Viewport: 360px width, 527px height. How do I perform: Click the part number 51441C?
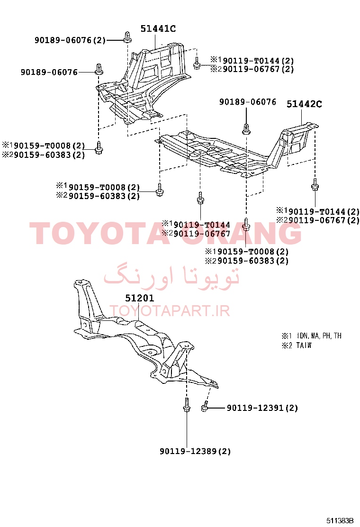coord(158,28)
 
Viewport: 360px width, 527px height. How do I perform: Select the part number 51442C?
coord(304,104)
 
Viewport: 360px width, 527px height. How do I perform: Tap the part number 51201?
coord(139,298)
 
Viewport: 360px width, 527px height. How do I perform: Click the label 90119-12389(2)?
coord(195,451)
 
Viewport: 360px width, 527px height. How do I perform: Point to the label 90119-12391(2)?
coord(262,408)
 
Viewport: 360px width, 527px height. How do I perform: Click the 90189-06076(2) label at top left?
coord(70,40)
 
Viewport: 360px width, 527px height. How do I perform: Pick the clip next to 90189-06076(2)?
coord(127,37)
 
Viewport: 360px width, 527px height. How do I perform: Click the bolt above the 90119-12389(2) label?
coord(187,404)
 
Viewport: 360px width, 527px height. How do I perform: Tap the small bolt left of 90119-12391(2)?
coord(205,407)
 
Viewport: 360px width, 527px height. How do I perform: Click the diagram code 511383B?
coord(340,521)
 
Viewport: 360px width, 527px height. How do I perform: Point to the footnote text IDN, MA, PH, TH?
coord(319,336)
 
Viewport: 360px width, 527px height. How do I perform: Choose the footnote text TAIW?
coord(304,345)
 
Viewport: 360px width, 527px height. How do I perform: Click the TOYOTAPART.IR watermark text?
coord(170,311)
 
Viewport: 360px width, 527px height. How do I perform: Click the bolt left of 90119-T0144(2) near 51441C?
coord(197,63)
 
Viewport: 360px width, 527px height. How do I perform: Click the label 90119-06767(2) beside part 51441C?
coord(258,69)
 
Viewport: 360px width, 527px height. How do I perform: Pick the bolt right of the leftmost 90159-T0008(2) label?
coord(99,148)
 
